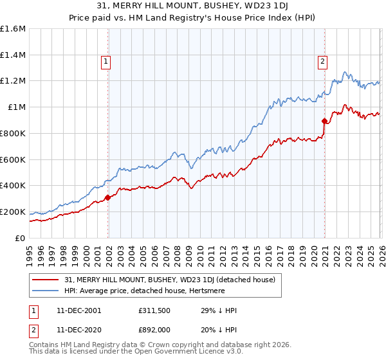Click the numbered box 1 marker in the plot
coord(106,62)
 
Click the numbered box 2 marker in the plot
coord(322,62)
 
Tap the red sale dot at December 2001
coord(108,197)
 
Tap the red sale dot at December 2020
coord(324,121)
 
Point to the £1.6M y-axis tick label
coord(13,29)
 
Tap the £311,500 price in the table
coord(153,310)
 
